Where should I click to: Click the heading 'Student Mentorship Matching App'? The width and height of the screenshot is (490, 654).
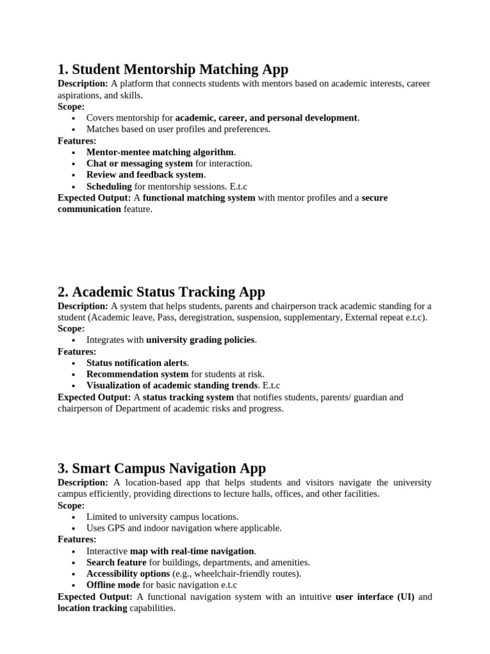coord(173,69)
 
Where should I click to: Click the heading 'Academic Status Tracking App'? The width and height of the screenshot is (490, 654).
coord(161,292)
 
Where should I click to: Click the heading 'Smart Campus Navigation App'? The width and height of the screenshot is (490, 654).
coord(161,468)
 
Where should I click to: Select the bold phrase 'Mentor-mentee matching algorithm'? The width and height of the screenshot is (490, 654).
coord(160,152)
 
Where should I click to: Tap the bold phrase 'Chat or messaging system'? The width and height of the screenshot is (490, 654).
coord(139,163)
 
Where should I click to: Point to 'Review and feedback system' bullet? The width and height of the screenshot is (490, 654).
coord(145,175)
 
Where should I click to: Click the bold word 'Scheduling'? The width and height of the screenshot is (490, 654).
coord(109,186)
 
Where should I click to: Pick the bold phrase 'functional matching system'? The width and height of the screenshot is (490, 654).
coord(199,198)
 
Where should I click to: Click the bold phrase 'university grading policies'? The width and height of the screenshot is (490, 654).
coord(201,340)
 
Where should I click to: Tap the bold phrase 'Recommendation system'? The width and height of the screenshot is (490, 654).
coord(137,374)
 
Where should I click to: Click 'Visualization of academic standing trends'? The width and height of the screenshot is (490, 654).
coord(172,386)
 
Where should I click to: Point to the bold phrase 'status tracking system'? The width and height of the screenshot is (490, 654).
coord(188,397)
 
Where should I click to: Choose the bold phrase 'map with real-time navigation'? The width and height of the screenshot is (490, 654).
coord(192,551)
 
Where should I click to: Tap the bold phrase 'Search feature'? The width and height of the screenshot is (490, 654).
coord(116,563)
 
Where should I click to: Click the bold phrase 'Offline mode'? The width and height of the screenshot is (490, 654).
coord(113,586)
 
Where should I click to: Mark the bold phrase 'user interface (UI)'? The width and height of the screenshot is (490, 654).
coord(375,597)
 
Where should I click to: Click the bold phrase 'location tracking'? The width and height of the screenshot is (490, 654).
coord(93,609)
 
